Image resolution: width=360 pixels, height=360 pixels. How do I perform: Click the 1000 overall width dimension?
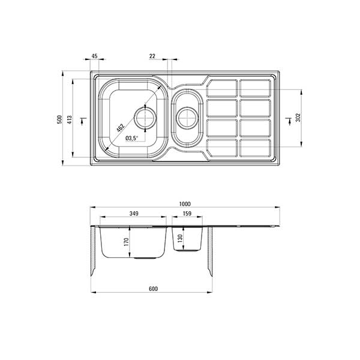tap(185, 204)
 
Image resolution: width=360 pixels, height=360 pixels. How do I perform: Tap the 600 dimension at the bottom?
tap(153, 289)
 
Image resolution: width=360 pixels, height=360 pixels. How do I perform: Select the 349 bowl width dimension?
tap(134, 214)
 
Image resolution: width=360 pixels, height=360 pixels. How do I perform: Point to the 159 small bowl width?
tap(187, 214)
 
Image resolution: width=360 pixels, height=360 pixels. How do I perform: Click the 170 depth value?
tap(126, 242)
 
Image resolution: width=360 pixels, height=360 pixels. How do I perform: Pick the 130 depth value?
tap(180, 238)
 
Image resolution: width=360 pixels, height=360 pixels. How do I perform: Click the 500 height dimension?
tap(59, 119)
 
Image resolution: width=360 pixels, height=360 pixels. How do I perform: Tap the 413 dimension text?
tap(70, 119)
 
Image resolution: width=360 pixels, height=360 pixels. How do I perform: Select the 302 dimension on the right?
tap(298, 118)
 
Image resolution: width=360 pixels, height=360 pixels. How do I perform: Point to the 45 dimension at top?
tap(94, 56)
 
